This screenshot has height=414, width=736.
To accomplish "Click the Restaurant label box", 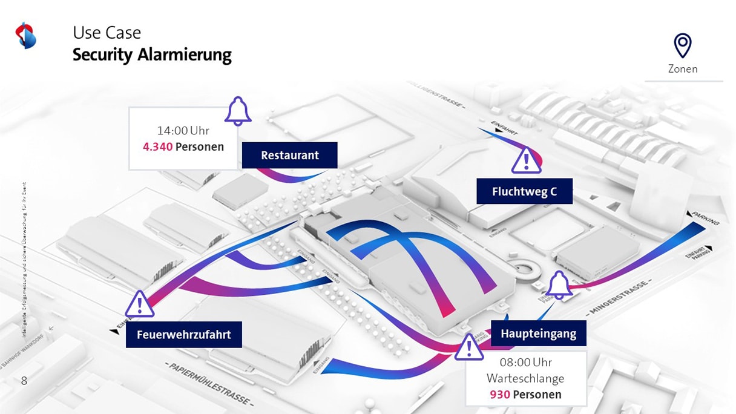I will click(289, 156).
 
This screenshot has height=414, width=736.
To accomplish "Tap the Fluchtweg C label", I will click(524, 192).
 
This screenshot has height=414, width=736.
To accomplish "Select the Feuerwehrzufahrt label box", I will click(183, 335).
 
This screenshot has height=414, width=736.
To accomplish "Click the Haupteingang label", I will click(538, 333).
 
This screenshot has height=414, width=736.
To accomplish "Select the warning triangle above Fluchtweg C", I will click(526, 160).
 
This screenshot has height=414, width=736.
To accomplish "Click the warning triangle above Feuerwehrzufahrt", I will click(140, 303).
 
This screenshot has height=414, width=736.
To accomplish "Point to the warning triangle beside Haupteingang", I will click(468, 347).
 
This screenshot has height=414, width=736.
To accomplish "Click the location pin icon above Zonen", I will click(683, 45).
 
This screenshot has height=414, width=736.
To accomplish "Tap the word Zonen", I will click(683, 69).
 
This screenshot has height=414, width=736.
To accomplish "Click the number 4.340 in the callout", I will click(158, 146).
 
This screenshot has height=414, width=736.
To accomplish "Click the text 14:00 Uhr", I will click(183, 130).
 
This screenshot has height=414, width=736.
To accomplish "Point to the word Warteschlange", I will click(525, 378).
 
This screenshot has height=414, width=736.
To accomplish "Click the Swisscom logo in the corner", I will click(26, 36).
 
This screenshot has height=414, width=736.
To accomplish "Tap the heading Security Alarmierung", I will click(152, 55).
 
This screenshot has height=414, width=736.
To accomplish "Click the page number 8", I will click(24, 381).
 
